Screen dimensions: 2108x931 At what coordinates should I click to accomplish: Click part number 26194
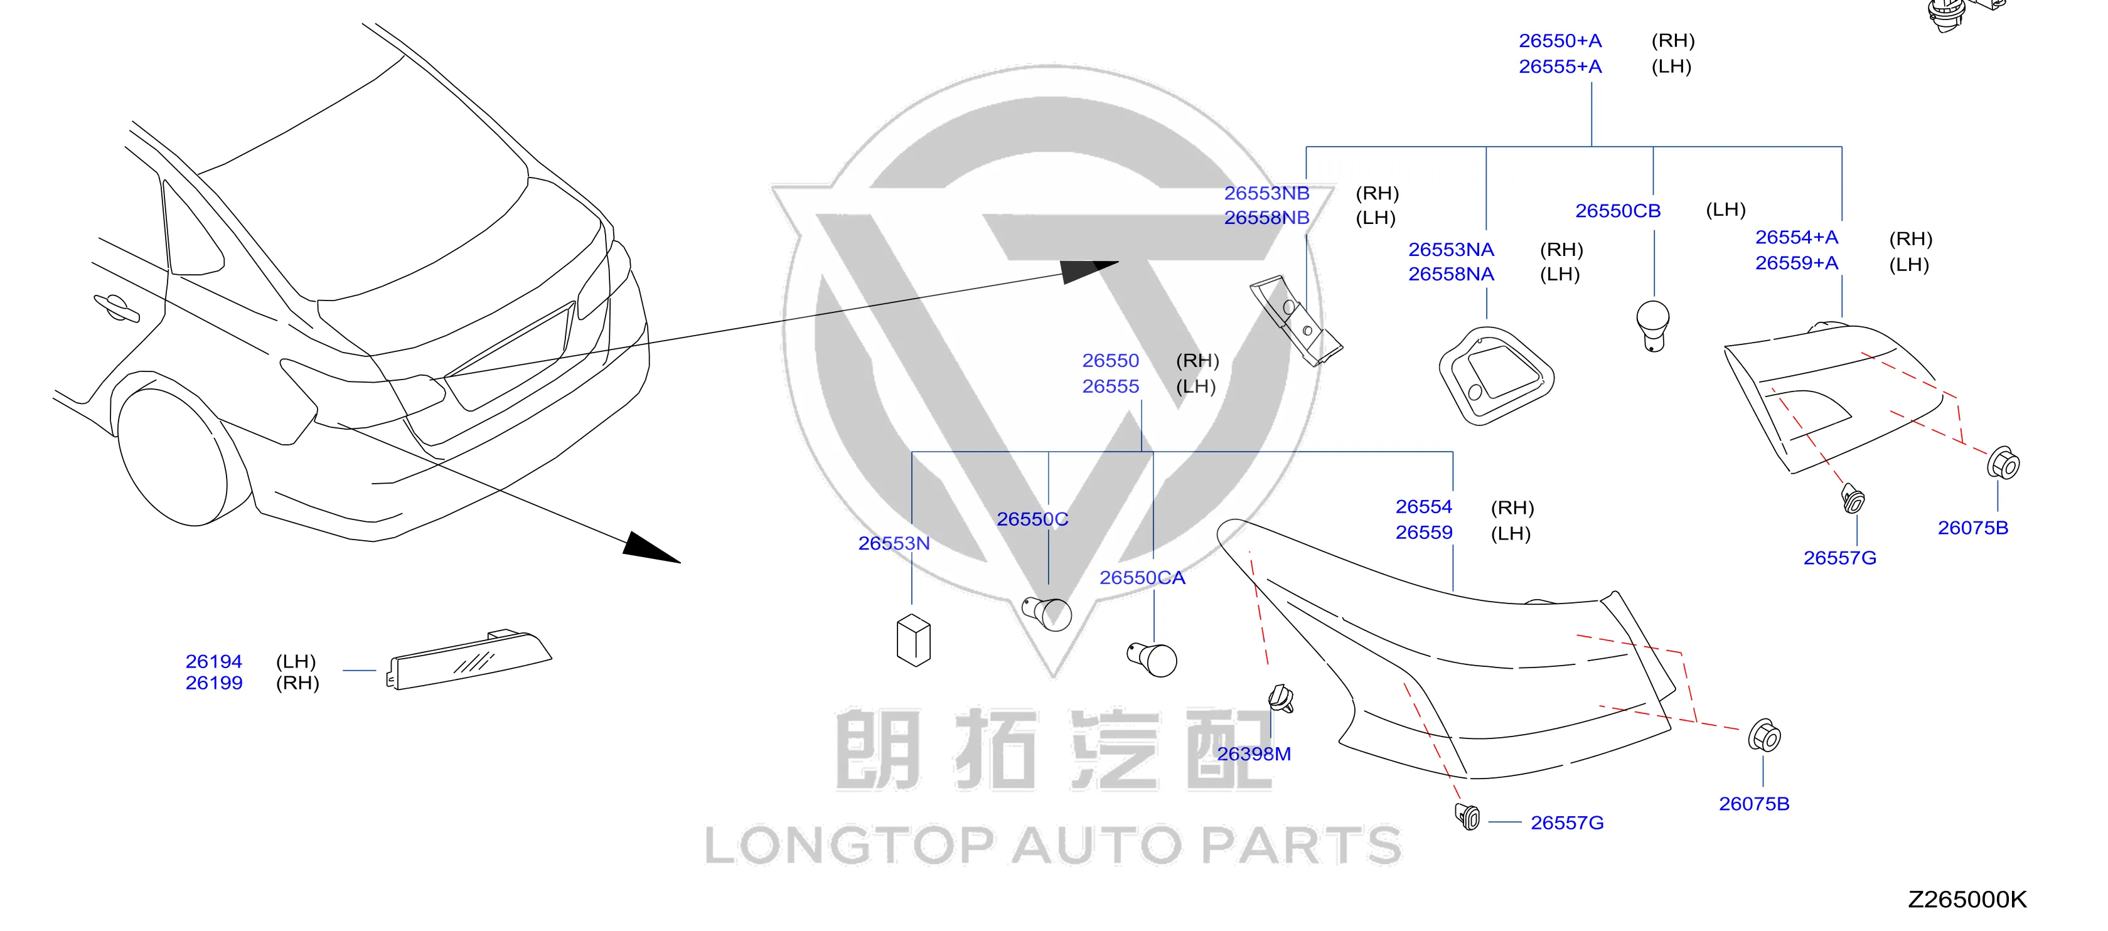click(213, 661)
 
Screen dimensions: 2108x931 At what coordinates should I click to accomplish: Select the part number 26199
click(213, 683)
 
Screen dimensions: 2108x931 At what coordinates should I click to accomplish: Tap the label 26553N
click(894, 543)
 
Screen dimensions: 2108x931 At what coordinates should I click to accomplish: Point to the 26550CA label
click(1142, 578)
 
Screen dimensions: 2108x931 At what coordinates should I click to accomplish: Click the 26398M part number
click(1254, 753)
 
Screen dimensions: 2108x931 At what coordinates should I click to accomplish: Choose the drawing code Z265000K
click(1967, 899)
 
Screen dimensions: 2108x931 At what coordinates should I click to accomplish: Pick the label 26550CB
click(1618, 210)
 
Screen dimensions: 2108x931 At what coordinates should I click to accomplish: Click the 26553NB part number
click(1267, 193)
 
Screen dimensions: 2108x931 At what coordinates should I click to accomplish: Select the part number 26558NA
click(1451, 274)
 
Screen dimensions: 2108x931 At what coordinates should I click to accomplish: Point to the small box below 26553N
click(913, 640)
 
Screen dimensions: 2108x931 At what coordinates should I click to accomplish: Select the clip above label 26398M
click(1281, 699)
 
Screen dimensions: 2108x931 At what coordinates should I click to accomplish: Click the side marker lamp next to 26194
click(469, 659)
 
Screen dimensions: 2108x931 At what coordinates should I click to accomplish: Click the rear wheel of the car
click(173, 458)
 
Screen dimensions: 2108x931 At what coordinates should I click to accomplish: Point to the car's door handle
click(116, 307)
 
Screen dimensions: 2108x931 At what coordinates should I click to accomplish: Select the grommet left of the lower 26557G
click(1468, 816)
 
